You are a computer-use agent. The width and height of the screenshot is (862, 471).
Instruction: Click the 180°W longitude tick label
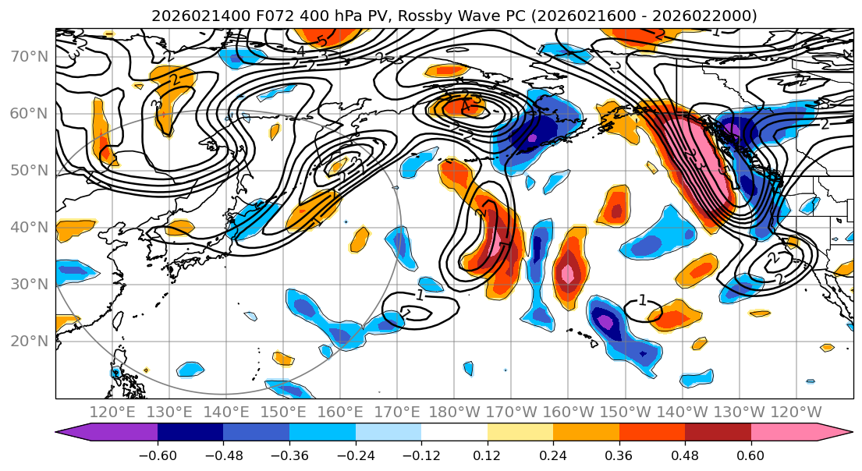(x=454, y=412)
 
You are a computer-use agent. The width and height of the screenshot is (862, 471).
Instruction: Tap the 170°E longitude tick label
(x=397, y=412)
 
